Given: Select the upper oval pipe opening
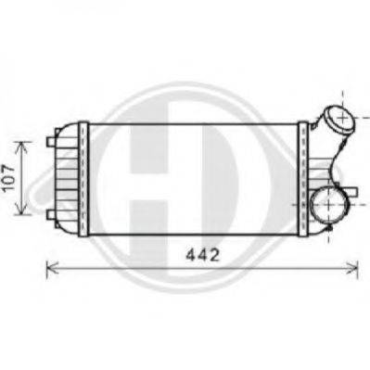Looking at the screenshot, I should (338, 121).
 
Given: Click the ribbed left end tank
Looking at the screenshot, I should (67, 177).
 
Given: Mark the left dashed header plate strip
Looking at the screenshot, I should (83, 177).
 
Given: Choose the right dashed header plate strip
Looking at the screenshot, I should (300, 177).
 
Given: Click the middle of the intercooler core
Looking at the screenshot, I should (192, 177).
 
